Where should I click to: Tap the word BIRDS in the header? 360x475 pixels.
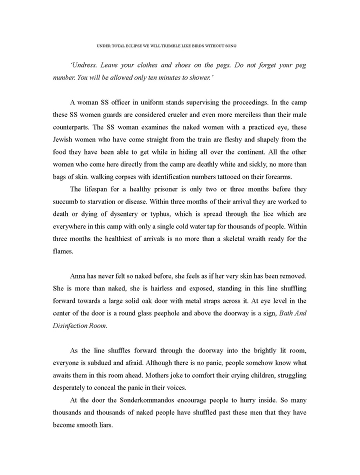[200, 45]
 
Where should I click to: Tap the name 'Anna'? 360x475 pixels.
[78, 275]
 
